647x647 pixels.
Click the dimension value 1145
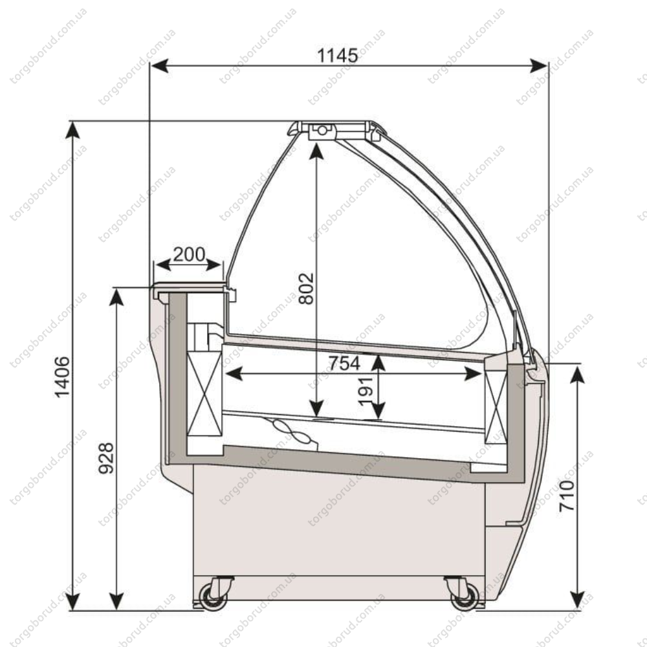pos(337,55)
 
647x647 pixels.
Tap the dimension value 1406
pos(62,378)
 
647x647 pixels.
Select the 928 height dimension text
pos(106,458)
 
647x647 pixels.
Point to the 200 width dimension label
pos(189,254)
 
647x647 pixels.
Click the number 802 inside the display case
pos(306,289)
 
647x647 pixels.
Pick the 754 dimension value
pos(344,363)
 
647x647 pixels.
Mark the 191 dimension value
pos(366,391)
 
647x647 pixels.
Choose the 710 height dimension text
pos(567,496)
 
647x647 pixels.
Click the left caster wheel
pos(213,597)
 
